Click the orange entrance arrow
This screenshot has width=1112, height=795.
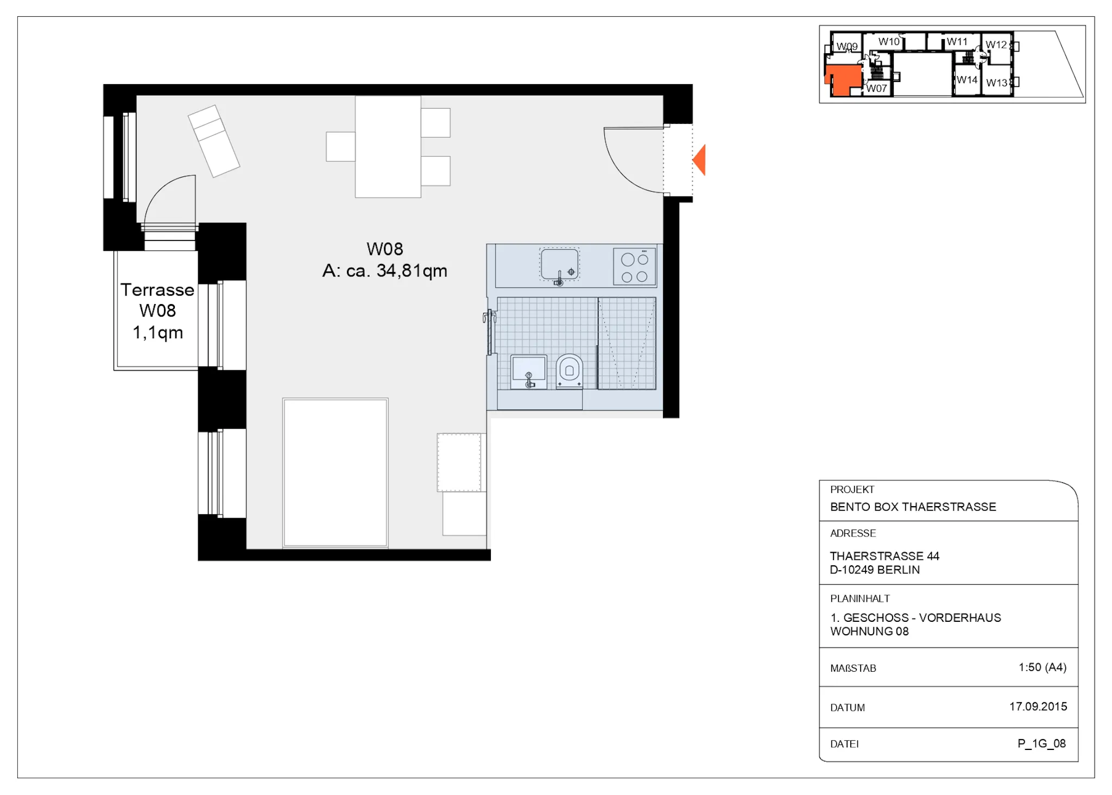pos(700,160)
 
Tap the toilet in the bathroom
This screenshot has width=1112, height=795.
pos(569,371)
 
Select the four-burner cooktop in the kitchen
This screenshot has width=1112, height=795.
pos(634,267)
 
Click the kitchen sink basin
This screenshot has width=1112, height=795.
pos(559,264)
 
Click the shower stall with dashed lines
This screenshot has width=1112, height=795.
pos(627,343)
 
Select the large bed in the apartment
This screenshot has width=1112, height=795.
pos(335,472)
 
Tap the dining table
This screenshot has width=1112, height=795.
pos(388,147)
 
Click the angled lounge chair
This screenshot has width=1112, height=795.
pos(214,141)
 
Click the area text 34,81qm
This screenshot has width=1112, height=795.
pos(412,270)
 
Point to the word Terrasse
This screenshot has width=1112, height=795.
pos(157,290)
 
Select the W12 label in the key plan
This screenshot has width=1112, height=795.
pos(996,45)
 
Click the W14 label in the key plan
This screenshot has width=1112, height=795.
pos(967,80)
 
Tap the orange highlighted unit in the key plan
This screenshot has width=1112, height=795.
pos(843,79)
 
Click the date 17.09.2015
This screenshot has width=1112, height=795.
pos(1038,706)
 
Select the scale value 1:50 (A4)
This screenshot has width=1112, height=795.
pos(1042,667)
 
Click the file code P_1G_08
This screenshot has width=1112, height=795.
pos(1041,744)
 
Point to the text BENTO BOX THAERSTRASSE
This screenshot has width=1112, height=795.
pos(913,507)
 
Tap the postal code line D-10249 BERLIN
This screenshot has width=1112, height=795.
pos(875,570)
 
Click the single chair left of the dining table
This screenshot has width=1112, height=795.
pos(340,147)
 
